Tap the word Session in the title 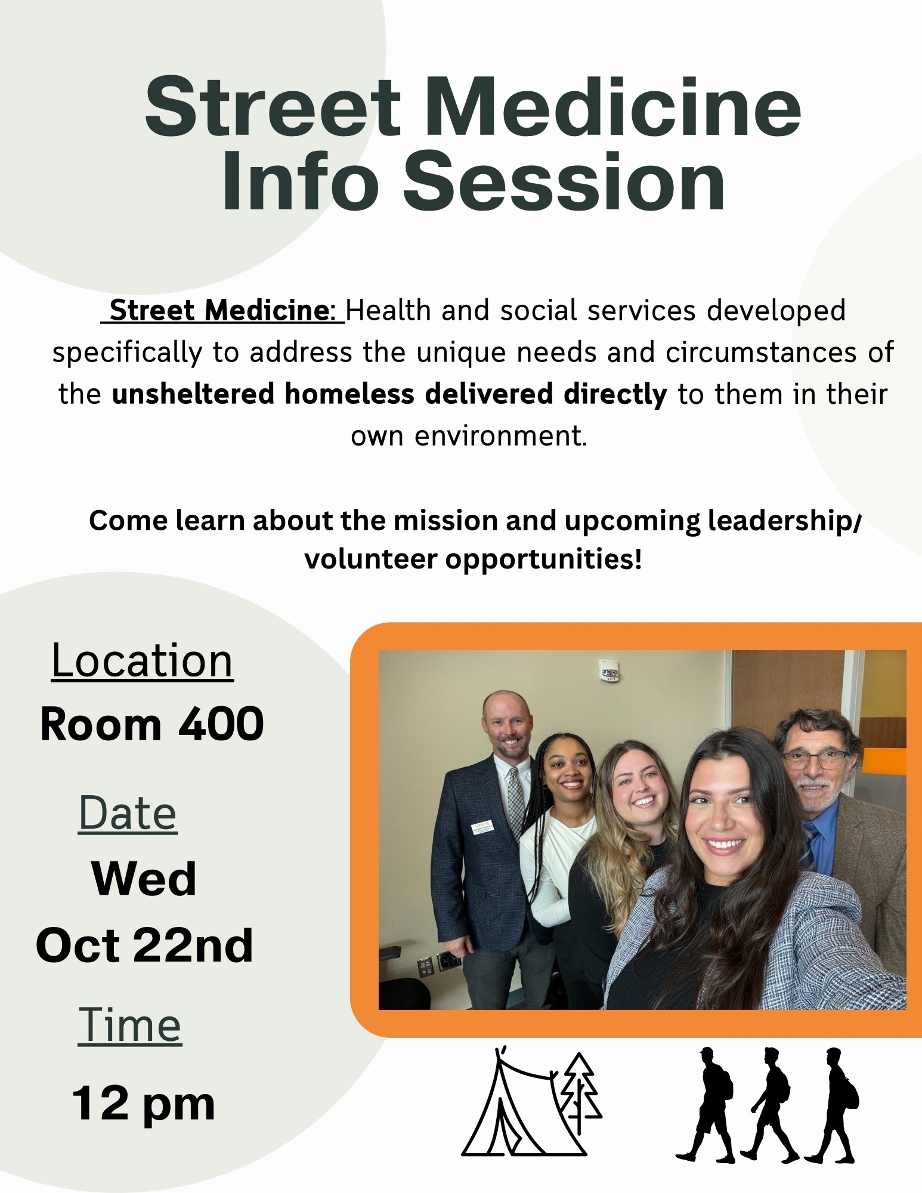(x=564, y=181)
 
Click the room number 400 (x=221, y=724)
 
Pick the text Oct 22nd (x=144, y=945)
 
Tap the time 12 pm (x=143, y=1104)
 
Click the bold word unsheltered (x=194, y=394)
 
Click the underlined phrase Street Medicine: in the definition (x=222, y=311)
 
